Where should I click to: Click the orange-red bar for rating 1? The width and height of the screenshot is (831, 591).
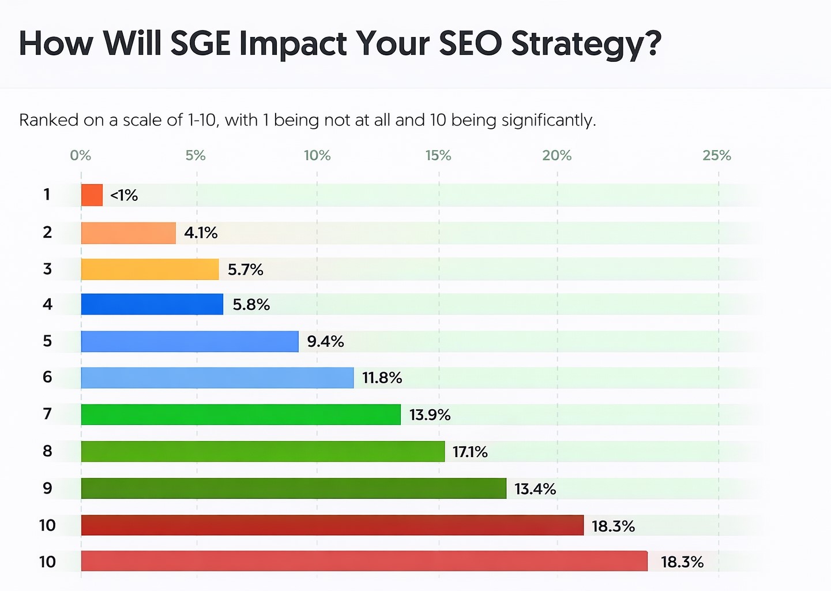pos(92,195)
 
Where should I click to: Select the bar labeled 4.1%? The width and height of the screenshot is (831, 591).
pos(128,233)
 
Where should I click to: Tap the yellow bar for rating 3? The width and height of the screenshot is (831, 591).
pos(150,270)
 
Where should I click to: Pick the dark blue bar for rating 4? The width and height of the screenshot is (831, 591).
pos(152,304)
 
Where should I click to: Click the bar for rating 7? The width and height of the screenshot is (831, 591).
pos(240,414)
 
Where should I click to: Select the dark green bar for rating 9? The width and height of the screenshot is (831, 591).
pos(294,488)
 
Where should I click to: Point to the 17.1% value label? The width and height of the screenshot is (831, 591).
pos(470,452)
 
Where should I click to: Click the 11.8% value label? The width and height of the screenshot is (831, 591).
pos(382,378)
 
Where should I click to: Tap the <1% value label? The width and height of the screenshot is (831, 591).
pos(124,196)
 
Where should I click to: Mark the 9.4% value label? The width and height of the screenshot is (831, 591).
pos(325,342)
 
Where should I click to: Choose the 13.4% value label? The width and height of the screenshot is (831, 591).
pos(535,489)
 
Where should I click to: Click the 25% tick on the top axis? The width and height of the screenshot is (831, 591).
pos(717,156)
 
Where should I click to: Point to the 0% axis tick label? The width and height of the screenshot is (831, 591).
pos(81,156)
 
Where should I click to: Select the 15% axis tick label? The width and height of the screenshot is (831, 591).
pos(438,156)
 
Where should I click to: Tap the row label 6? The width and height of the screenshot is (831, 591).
pos(47,377)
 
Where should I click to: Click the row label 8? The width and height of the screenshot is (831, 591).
pos(47,451)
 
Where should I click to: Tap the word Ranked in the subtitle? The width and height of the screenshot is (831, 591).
pos(49,120)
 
